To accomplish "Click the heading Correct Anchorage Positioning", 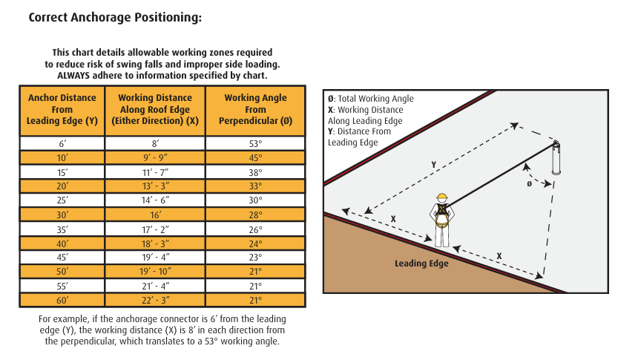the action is coord(115,18).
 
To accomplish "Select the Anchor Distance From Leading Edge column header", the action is coord(62,110).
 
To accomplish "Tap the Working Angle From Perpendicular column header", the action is coord(255,110).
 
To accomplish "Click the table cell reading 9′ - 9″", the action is coord(155,158).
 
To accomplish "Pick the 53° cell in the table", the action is coord(255,143).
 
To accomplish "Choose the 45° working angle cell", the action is coord(255,158).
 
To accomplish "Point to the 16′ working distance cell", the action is coord(155,215).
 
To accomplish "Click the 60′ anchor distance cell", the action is coord(62,301).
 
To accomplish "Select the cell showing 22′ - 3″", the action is coord(155,301).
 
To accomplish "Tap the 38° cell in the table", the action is coord(255,172).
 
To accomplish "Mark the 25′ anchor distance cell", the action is coord(62,200).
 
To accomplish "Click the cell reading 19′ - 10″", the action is coord(155,272).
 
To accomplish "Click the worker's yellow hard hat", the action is coord(442,197).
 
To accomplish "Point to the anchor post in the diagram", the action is coord(556,157).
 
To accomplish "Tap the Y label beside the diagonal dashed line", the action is coord(433,165).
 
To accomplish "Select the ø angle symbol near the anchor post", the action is coord(529,184).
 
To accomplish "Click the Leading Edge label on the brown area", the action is coord(421,264).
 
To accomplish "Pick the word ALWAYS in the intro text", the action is coord(73,75).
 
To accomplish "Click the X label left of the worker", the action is coord(393,219).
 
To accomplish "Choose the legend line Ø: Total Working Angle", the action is coord(370,99).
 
